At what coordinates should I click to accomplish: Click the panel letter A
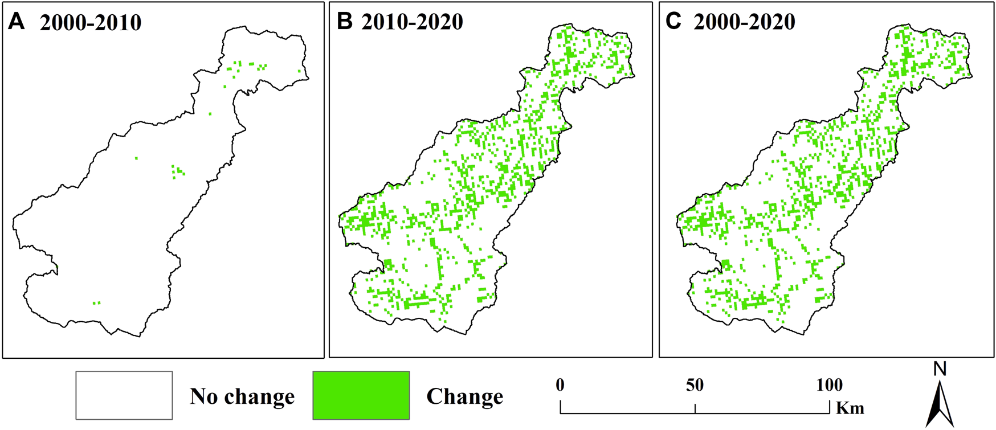click(17, 22)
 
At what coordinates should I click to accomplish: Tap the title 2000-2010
click(91, 23)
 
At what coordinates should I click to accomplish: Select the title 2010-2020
click(412, 22)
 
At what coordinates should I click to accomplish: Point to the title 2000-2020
click(744, 22)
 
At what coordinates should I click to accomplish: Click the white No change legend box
click(124, 395)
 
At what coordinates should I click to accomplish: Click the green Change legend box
click(361, 395)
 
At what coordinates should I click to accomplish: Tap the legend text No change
click(242, 396)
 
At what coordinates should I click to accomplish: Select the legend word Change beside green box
click(464, 396)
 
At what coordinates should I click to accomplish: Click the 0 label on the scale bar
click(560, 386)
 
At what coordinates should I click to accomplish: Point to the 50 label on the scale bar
click(695, 386)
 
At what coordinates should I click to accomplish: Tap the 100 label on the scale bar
click(829, 386)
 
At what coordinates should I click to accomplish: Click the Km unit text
click(850, 408)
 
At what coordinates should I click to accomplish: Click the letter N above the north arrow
click(940, 370)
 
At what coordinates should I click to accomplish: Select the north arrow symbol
click(940, 404)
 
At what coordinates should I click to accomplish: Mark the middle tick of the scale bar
click(695, 408)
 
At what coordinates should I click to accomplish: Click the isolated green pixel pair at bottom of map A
click(96, 303)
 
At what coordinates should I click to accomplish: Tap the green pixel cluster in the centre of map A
click(178, 171)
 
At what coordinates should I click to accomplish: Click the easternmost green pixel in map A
click(299, 71)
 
